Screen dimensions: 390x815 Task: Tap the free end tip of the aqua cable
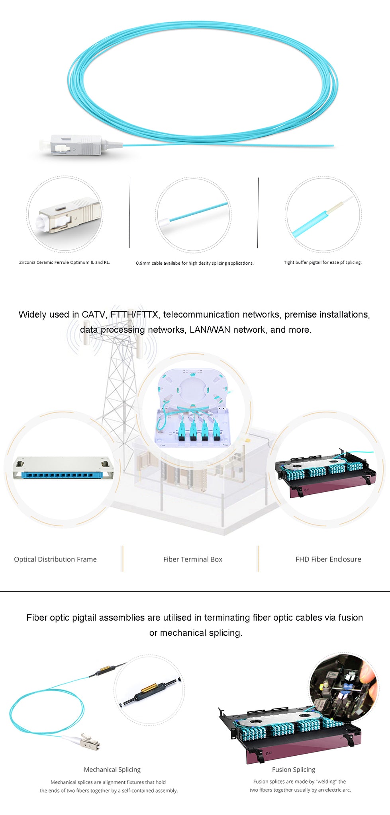point(333,146)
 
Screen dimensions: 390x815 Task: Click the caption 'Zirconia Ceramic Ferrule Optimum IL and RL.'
point(65,262)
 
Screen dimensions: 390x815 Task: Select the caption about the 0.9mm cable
point(195,263)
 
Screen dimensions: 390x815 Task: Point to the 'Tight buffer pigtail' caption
point(323,262)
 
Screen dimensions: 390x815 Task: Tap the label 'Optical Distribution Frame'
point(55,559)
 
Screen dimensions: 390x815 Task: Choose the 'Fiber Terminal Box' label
point(193,559)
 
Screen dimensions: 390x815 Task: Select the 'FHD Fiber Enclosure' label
point(328,559)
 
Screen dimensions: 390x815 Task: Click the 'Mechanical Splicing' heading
point(112,770)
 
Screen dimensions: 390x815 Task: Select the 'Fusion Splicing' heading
point(294,770)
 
